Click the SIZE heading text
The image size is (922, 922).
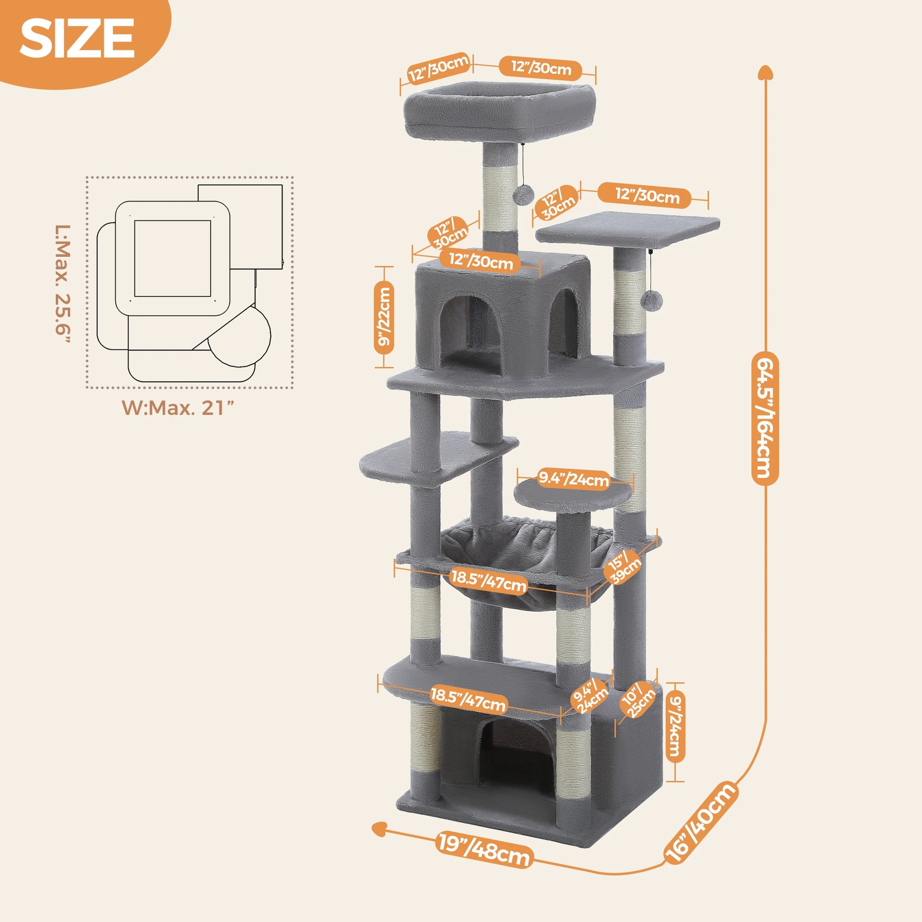pos(77,39)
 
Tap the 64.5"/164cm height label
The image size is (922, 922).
pos(765,418)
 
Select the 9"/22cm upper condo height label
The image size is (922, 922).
pos(384,318)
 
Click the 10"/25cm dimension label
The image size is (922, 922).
pos(638,700)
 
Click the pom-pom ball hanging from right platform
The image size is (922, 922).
pos(650,300)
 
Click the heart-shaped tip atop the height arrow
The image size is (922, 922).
pos(765,72)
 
